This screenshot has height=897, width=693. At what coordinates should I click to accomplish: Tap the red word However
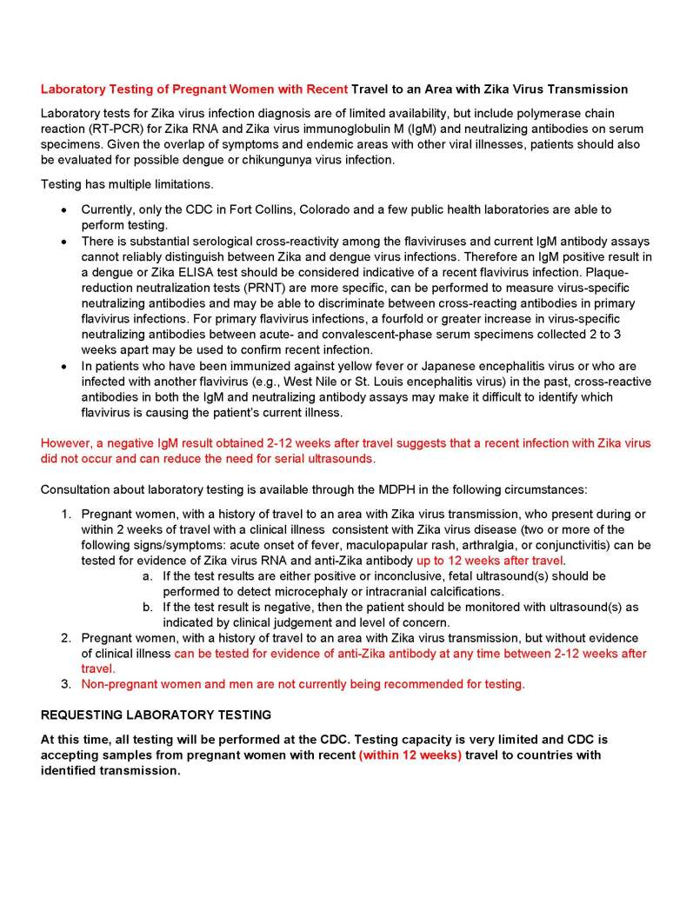(x=68, y=442)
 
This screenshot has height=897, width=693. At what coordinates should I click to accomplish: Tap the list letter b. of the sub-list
(x=148, y=607)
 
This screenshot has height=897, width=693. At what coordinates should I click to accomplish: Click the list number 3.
(x=66, y=684)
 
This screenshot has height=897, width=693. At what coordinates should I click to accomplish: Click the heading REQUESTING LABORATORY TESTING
(x=157, y=714)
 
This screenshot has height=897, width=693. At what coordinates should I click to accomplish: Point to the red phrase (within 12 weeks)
(x=410, y=754)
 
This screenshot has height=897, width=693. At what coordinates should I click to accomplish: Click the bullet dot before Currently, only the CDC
(x=64, y=210)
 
